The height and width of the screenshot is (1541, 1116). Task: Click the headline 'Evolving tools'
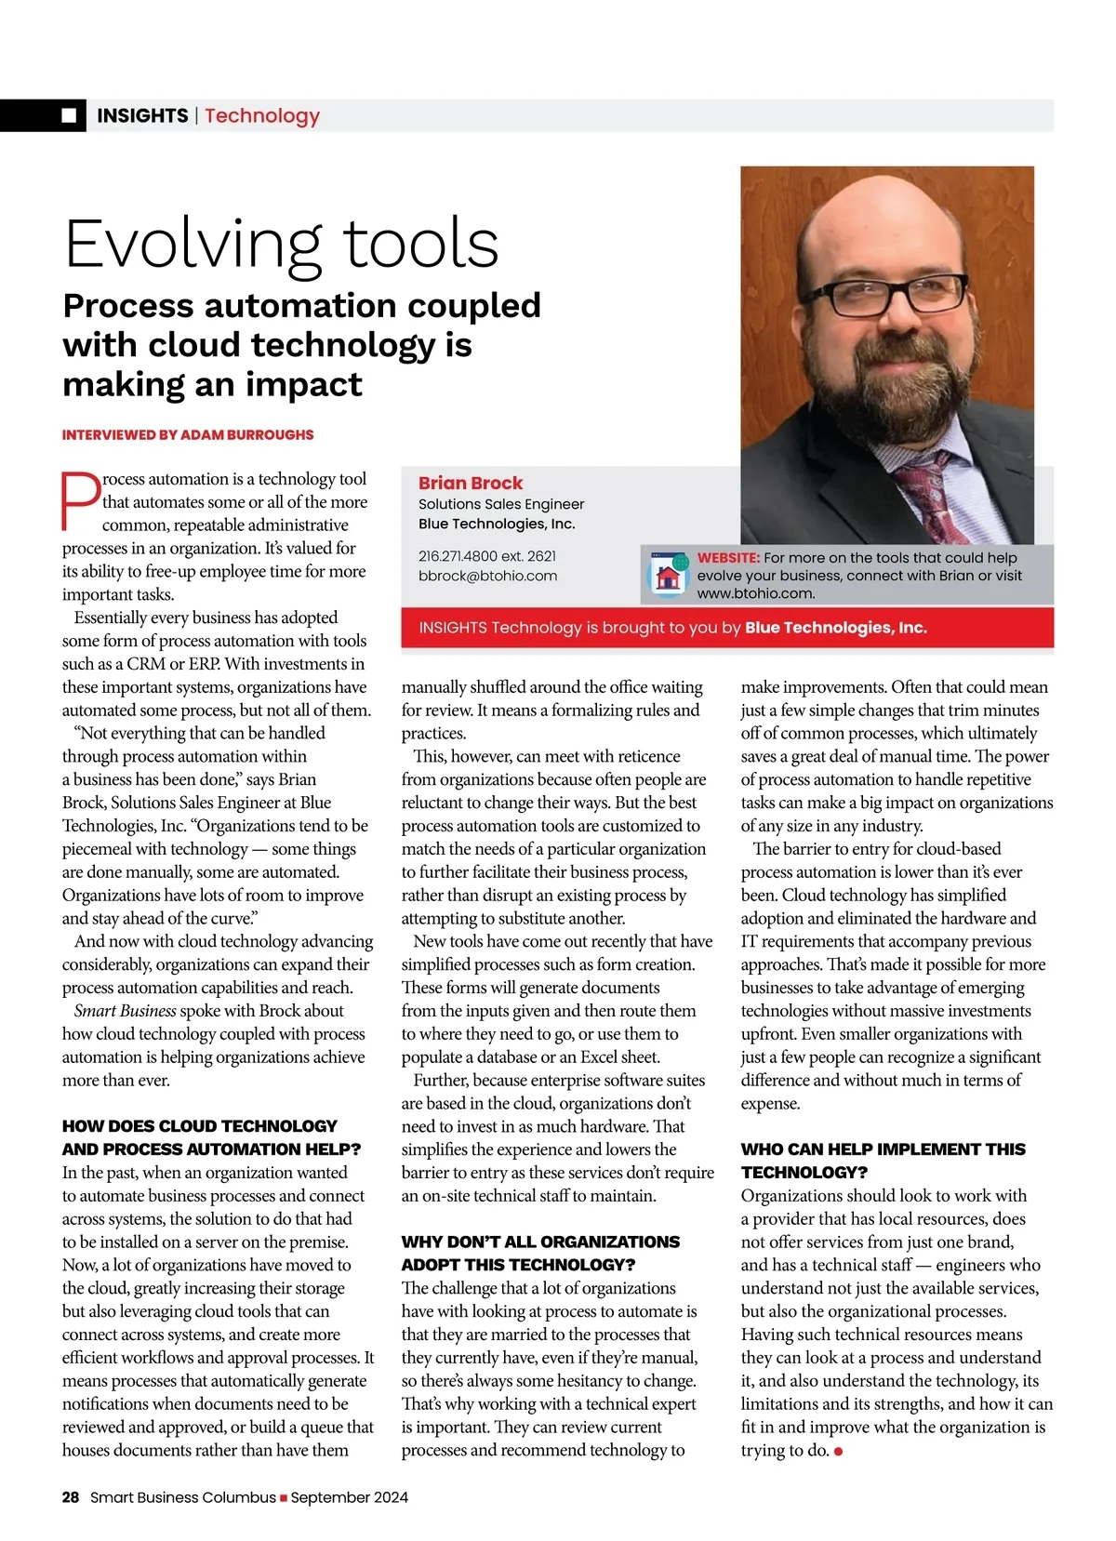tap(281, 244)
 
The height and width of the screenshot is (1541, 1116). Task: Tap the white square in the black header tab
tap(69, 115)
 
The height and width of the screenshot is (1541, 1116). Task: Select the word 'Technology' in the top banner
tap(262, 115)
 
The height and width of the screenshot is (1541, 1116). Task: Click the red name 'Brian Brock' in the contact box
tap(471, 483)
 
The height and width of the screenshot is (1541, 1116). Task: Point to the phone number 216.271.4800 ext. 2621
tap(487, 556)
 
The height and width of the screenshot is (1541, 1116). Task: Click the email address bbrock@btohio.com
tap(487, 576)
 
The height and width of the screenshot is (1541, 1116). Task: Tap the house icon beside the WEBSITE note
tap(668, 576)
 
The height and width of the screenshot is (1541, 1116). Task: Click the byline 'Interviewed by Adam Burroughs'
tap(188, 434)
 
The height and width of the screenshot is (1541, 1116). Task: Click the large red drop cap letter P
tap(81, 500)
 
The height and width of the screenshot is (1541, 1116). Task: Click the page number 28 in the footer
tap(71, 1497)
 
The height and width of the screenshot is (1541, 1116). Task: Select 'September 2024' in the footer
tap(350, 1497)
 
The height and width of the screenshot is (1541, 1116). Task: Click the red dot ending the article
tap(839, 1451)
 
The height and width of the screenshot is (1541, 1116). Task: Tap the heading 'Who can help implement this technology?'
tap(883, 1161)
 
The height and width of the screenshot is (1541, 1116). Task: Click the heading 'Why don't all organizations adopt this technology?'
tap(540, 1253)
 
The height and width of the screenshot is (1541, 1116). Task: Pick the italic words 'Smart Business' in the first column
tap(126, 1011)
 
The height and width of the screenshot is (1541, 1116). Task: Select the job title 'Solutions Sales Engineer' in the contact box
tap(501, 504)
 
